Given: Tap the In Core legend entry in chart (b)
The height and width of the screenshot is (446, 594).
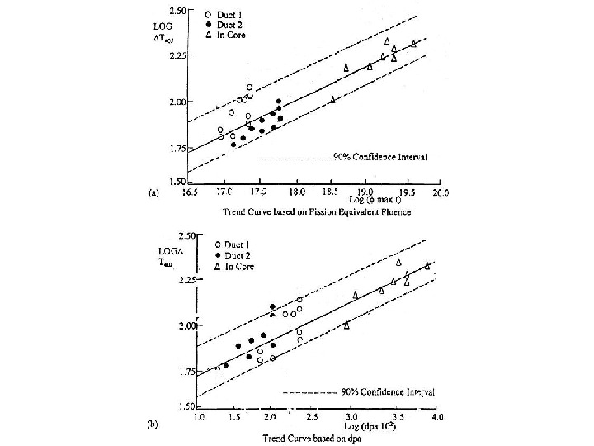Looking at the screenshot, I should coord(235,266).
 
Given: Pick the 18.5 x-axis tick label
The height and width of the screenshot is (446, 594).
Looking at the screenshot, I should coord(332,192).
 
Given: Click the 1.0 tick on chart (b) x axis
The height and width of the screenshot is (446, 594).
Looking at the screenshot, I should coord(199,418).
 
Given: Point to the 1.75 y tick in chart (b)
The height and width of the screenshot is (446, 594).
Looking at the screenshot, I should coord(186,372).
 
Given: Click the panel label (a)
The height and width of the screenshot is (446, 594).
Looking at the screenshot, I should coord(153,192).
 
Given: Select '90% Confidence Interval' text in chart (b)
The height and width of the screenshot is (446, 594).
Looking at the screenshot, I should coord(388,391).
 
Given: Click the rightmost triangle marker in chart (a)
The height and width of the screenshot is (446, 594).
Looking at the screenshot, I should coord(413,44).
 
